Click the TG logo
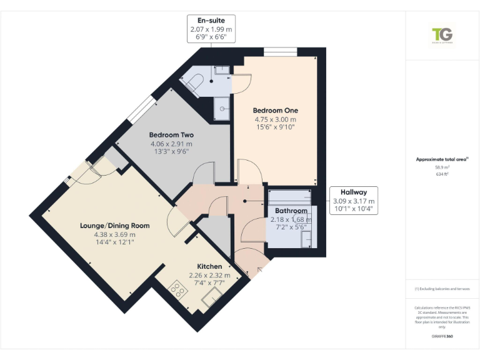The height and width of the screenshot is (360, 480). (x=442, y=35)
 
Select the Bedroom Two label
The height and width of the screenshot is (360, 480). (x=171, y=135)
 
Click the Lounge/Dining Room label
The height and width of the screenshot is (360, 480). (x=114, y=226)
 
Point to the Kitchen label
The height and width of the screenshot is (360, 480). (x=209, y=266)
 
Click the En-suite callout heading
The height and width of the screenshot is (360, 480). (x=211, y=21)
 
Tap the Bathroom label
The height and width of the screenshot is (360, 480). (x=291, y=211)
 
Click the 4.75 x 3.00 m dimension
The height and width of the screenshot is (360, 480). (x=275, y=119)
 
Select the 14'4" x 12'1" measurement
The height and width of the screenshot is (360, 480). (x=114, y=242)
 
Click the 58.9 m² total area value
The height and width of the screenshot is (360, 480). (x=442, y=167)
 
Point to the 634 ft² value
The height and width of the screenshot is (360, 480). (x=442, y=174)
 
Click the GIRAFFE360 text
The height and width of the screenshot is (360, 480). (x=442, y=336)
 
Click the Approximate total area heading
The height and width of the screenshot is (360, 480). (x=441, y=159)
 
